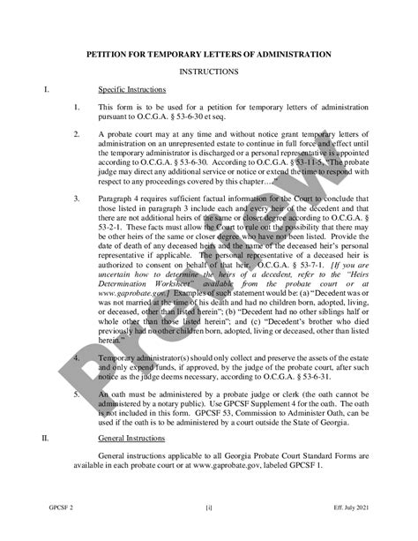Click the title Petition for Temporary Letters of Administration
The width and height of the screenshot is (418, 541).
point(208,53)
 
